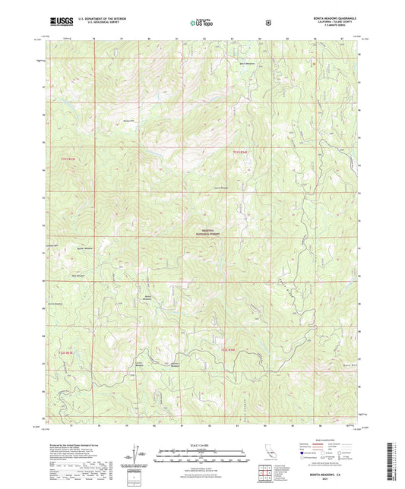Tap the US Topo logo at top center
point(201,23)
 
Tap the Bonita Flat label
point(128,119)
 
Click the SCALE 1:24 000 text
point(202,444)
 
